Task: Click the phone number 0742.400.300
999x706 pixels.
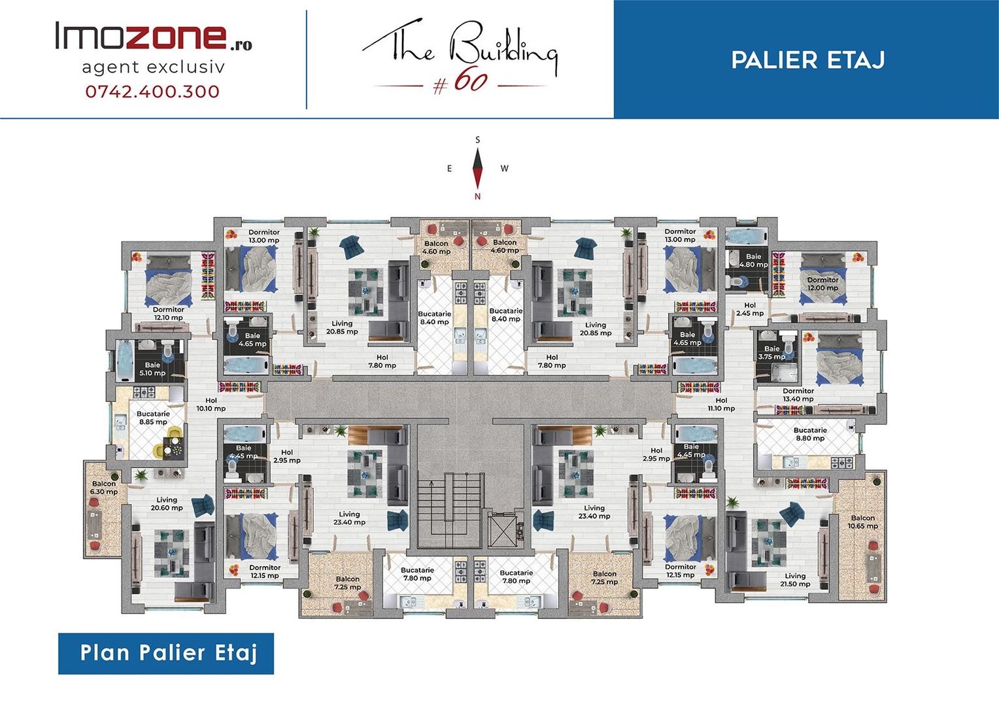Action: (x=152, y=92)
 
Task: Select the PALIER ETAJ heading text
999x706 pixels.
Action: (x=807, y=59)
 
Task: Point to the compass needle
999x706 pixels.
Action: (x=478, y=168)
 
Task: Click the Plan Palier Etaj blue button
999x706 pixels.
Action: (x=166, y=653)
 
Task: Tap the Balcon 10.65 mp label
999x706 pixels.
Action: (x=863, y=522)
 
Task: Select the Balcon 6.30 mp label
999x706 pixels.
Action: (x=104, y=488)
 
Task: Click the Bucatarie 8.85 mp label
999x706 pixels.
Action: (x=153, y=418)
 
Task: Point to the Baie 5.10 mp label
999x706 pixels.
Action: (x=152, y=369)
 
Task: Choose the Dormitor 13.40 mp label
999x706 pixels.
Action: (x=798, y=395)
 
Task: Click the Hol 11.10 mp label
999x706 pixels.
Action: (x=722, y=404)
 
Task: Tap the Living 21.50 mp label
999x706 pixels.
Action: (x=795, y=580)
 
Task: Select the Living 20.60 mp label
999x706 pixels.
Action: (x=167, y=504)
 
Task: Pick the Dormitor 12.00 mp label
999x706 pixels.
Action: (x=823, y=284)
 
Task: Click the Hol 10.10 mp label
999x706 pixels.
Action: (x=211, y=404)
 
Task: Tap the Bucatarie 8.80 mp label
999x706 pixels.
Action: (x=810, y=434)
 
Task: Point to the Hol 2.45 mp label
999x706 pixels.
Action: (x=750, y=309)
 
